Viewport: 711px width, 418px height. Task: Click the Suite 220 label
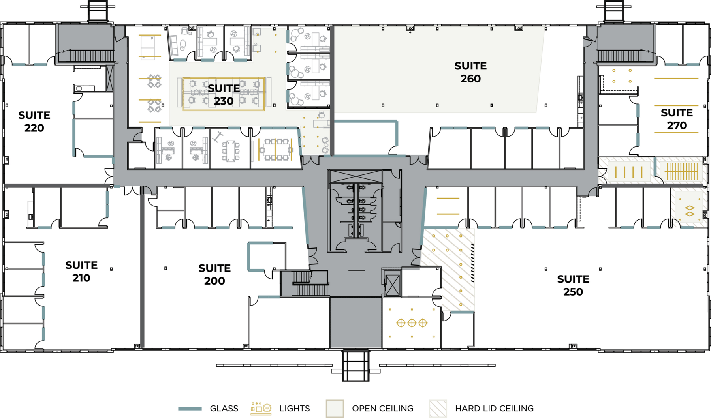tap(34, 122)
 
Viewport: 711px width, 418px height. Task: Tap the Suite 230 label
tap(224, 95)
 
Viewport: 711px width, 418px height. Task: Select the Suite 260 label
tap(470, 72)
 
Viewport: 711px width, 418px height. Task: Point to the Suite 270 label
tap(677, 119)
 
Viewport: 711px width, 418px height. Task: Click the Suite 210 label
tap(81, 272)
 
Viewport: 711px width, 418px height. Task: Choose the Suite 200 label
tap(214, 275)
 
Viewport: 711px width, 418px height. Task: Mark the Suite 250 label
tap(573, 285)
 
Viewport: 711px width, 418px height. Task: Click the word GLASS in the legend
tap(224, 409)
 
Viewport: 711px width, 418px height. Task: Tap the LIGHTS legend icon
tap(261, 409)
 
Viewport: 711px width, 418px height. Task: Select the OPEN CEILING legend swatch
tap(335, 409)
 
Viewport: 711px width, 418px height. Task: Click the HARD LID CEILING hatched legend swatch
tap(438, 409)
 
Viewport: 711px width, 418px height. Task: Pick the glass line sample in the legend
tap(190, 409)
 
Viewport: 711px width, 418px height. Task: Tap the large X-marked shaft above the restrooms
tap(355, 176)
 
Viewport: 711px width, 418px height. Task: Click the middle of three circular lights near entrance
tap(412, 323)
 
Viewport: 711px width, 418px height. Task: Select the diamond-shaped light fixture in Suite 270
tap(689, 211)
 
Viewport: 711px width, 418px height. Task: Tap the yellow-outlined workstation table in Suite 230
tap(224, 94)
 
